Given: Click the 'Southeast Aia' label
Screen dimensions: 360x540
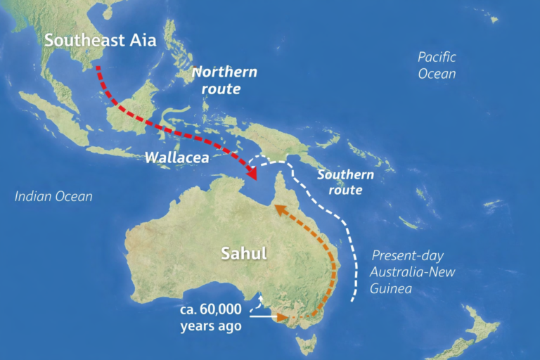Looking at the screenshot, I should click(x=100, y=39).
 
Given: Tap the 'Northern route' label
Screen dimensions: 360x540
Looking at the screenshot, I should click(x=225, y=80).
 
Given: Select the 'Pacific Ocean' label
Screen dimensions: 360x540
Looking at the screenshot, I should click(x=437, y=65).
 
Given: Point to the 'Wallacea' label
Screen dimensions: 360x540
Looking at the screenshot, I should click(x=176, y=157).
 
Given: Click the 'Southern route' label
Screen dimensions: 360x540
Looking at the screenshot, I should click(x=345, y=182).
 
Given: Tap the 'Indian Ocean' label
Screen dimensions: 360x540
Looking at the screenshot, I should click(x=53, y=196).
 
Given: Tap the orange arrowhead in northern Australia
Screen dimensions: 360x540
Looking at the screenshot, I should click(x=278, y=209).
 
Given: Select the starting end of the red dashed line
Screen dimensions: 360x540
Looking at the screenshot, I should click(x=98, y=67).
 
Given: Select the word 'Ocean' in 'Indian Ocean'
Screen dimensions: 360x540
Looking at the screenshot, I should click(x=73, y=196).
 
